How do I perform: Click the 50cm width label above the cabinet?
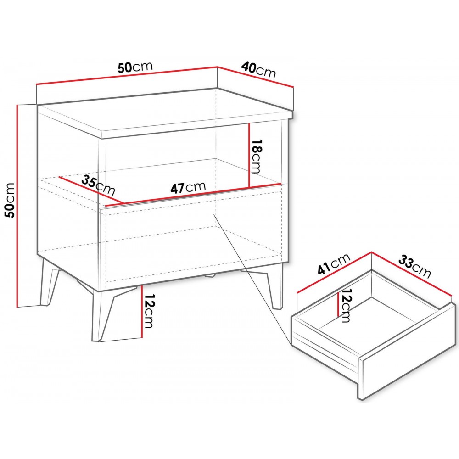[135, 67]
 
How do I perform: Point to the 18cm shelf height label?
[256, 156]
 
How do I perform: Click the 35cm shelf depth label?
[98, 185]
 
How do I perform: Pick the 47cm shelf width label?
[188, 188]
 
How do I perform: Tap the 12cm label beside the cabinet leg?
[148, 310]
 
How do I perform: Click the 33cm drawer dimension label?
[414, 266]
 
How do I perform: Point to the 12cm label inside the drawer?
[345, 305]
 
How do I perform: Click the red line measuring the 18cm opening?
[249, 155]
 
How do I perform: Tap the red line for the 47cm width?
[202, 194]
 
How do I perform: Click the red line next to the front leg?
[141, 312]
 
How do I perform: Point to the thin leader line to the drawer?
[252, 279]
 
